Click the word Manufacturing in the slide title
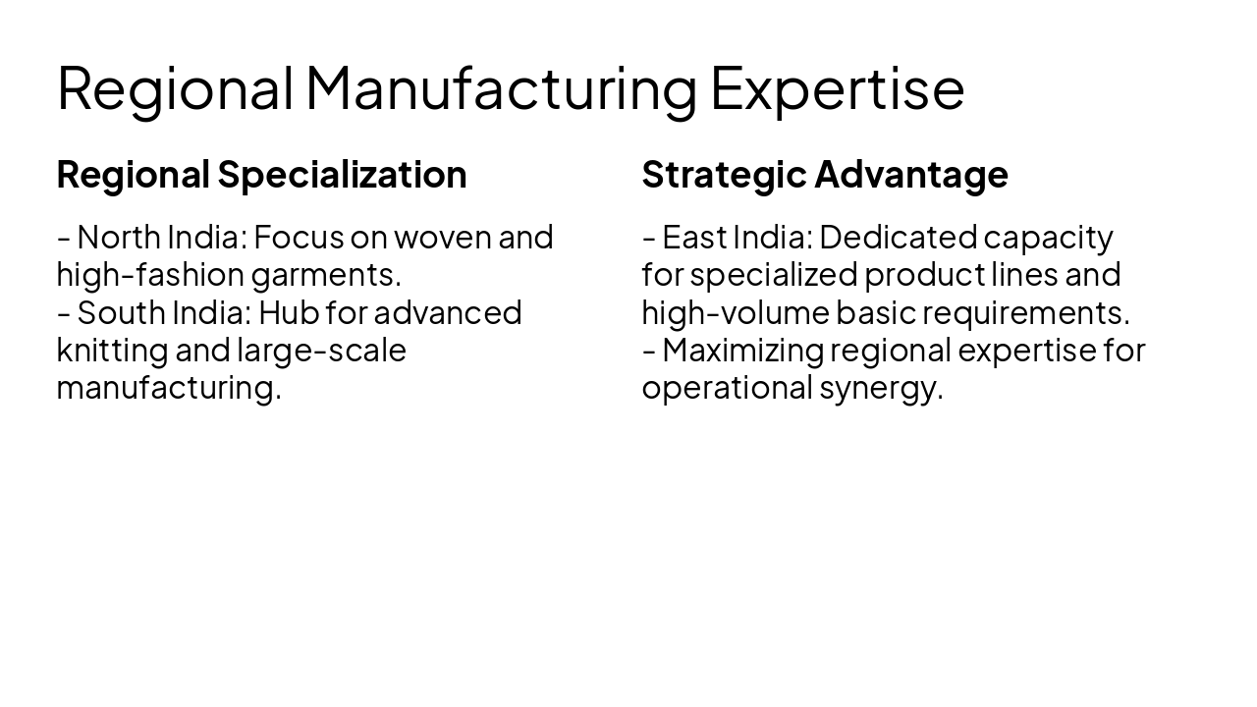(x=501, y=87)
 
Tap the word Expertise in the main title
(x=837, y=87)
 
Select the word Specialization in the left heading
(x=342, y=175)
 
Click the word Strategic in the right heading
(x=724, y=175)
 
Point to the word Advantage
(x=910, y=175)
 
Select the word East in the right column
(x=694, y=237)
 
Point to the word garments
(x=326, y=274)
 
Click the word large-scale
(x=321, y=350)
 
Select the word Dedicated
(x=898, y=237)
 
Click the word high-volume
(x=735, y=312)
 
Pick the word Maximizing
(x=743, y=350)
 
